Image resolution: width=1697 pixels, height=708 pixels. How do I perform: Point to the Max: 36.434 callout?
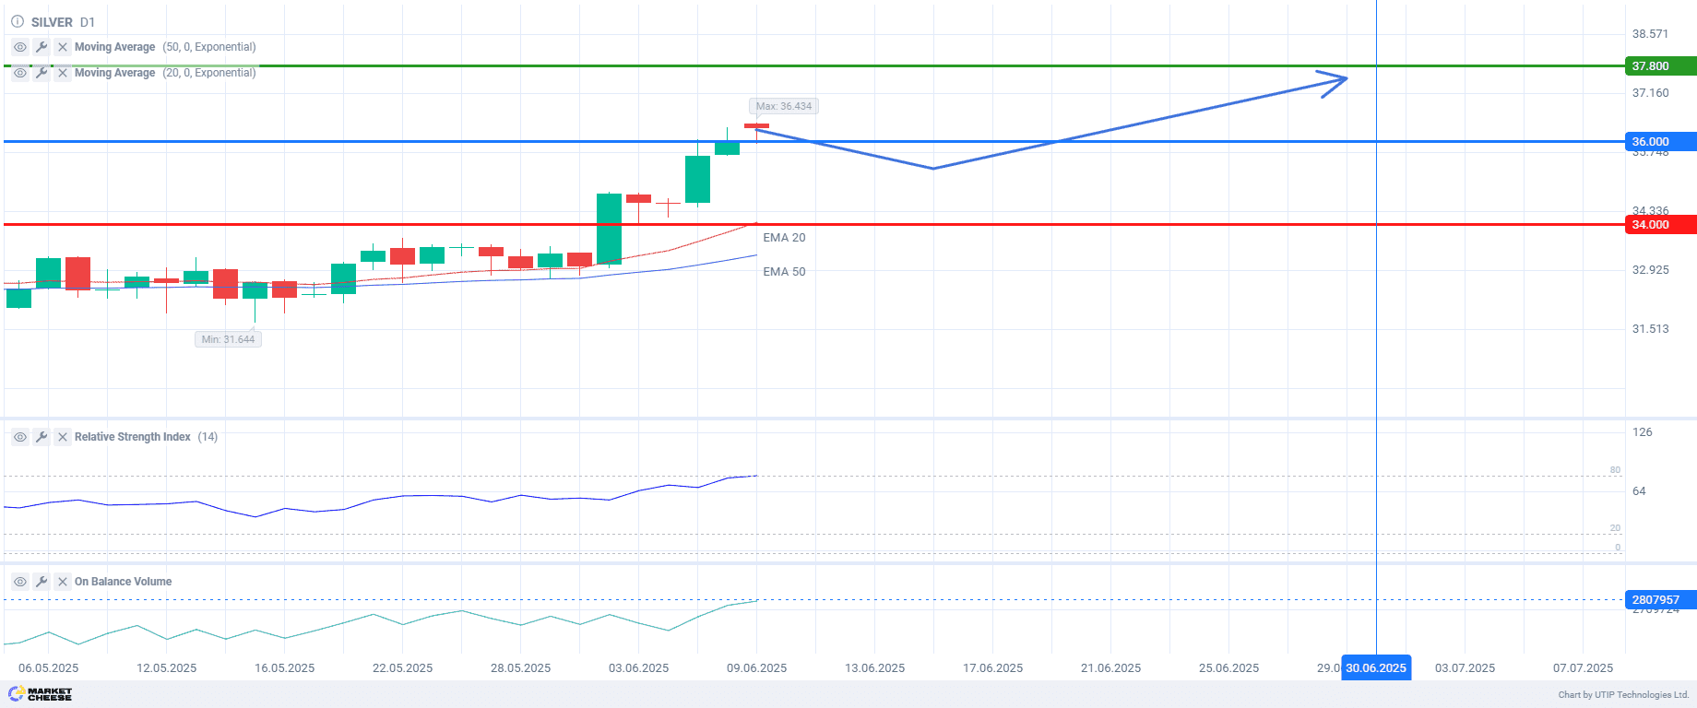click(784, 106)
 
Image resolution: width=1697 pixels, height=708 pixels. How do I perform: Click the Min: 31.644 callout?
click(228, 339)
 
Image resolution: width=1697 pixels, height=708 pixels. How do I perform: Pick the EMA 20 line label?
click(784, 238)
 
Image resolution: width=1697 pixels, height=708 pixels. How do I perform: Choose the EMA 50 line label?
click(784, 272)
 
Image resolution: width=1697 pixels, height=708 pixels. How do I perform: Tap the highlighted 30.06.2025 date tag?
click(1376, 668)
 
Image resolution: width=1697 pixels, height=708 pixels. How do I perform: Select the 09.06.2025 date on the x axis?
click(756, 668)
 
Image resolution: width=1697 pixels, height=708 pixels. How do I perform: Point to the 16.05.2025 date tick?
click(284, 668)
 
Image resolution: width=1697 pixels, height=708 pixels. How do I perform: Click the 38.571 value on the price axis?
click(1650, 34)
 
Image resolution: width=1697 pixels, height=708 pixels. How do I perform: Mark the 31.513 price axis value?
click(1650, 329)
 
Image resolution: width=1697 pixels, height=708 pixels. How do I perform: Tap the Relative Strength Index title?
click(133, 437)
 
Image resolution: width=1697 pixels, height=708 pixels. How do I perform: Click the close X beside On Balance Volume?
click(63, 582)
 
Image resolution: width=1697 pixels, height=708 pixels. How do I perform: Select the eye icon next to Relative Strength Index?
click(20, 437)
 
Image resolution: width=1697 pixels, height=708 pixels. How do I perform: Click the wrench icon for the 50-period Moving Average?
click(42, 47)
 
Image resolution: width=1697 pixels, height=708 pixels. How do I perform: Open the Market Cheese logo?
click(41, 694)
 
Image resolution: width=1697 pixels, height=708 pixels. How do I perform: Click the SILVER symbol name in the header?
click(52, 22)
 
